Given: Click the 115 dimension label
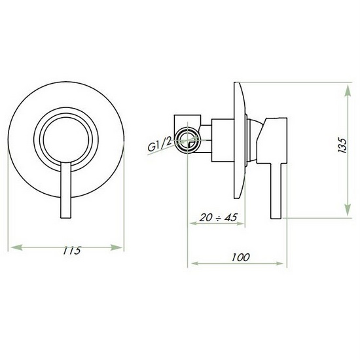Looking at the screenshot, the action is [x=72, y=250].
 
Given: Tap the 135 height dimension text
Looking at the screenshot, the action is [x=342, y=145].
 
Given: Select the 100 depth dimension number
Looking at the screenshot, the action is [x=240, y=257].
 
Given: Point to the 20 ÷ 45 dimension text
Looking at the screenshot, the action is [x=218, y=217].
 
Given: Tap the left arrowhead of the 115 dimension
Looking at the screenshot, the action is [x=16, y=247].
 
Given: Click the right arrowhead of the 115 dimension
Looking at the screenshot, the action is [x=117, y=247].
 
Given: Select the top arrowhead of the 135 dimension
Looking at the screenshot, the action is [x=348, y=91].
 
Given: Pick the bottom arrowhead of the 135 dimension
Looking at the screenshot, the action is [x=348, y=210].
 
